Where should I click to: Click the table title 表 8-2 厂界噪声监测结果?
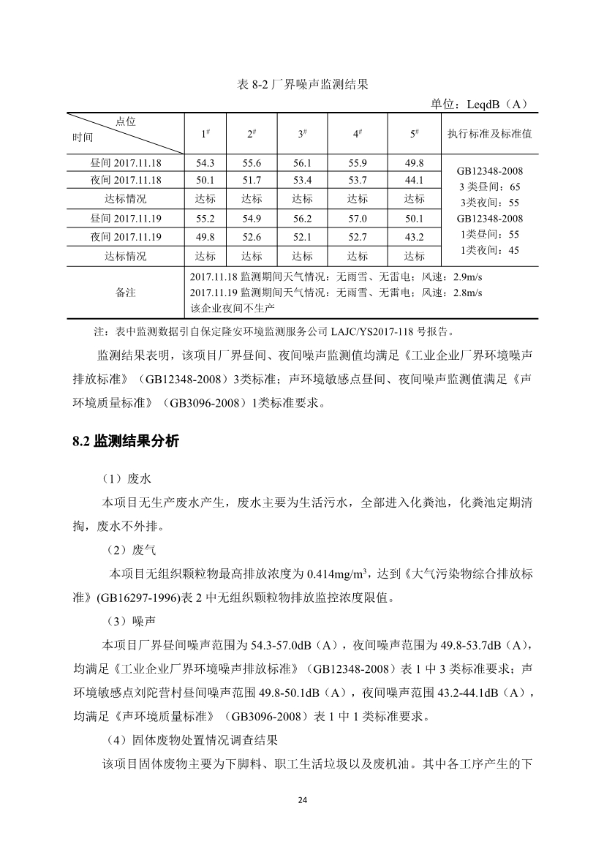click(x=302, y=85)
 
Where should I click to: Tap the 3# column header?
click(x=302, y=134)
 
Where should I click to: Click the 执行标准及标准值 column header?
click(x=489, y=134)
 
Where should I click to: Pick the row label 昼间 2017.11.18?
click(x=126, y=163)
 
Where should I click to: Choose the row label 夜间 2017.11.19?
click(x=126, y=237)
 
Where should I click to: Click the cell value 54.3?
click(x=205, y=163)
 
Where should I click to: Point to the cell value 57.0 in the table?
click(x=358, y=219)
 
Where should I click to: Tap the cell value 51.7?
click(x=252, y=181)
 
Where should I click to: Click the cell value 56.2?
click(x=302, y=219)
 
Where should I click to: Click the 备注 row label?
click(x=126, y=293)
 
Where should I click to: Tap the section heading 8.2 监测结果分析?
click(x=125, y=442)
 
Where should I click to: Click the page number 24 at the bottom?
click(x=302, y=799)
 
